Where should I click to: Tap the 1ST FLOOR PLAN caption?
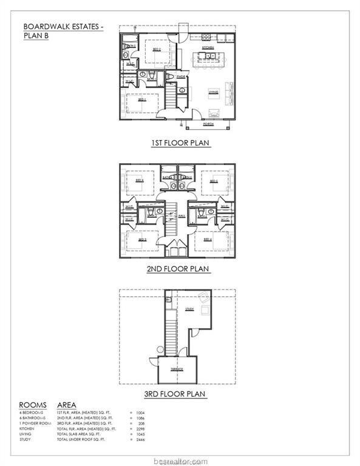click(x=180, y=143)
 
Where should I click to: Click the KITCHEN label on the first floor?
click(x=208, y=47)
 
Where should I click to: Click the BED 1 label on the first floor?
click(x=142, y=100)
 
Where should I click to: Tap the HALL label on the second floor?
click(x=182, y=215)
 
